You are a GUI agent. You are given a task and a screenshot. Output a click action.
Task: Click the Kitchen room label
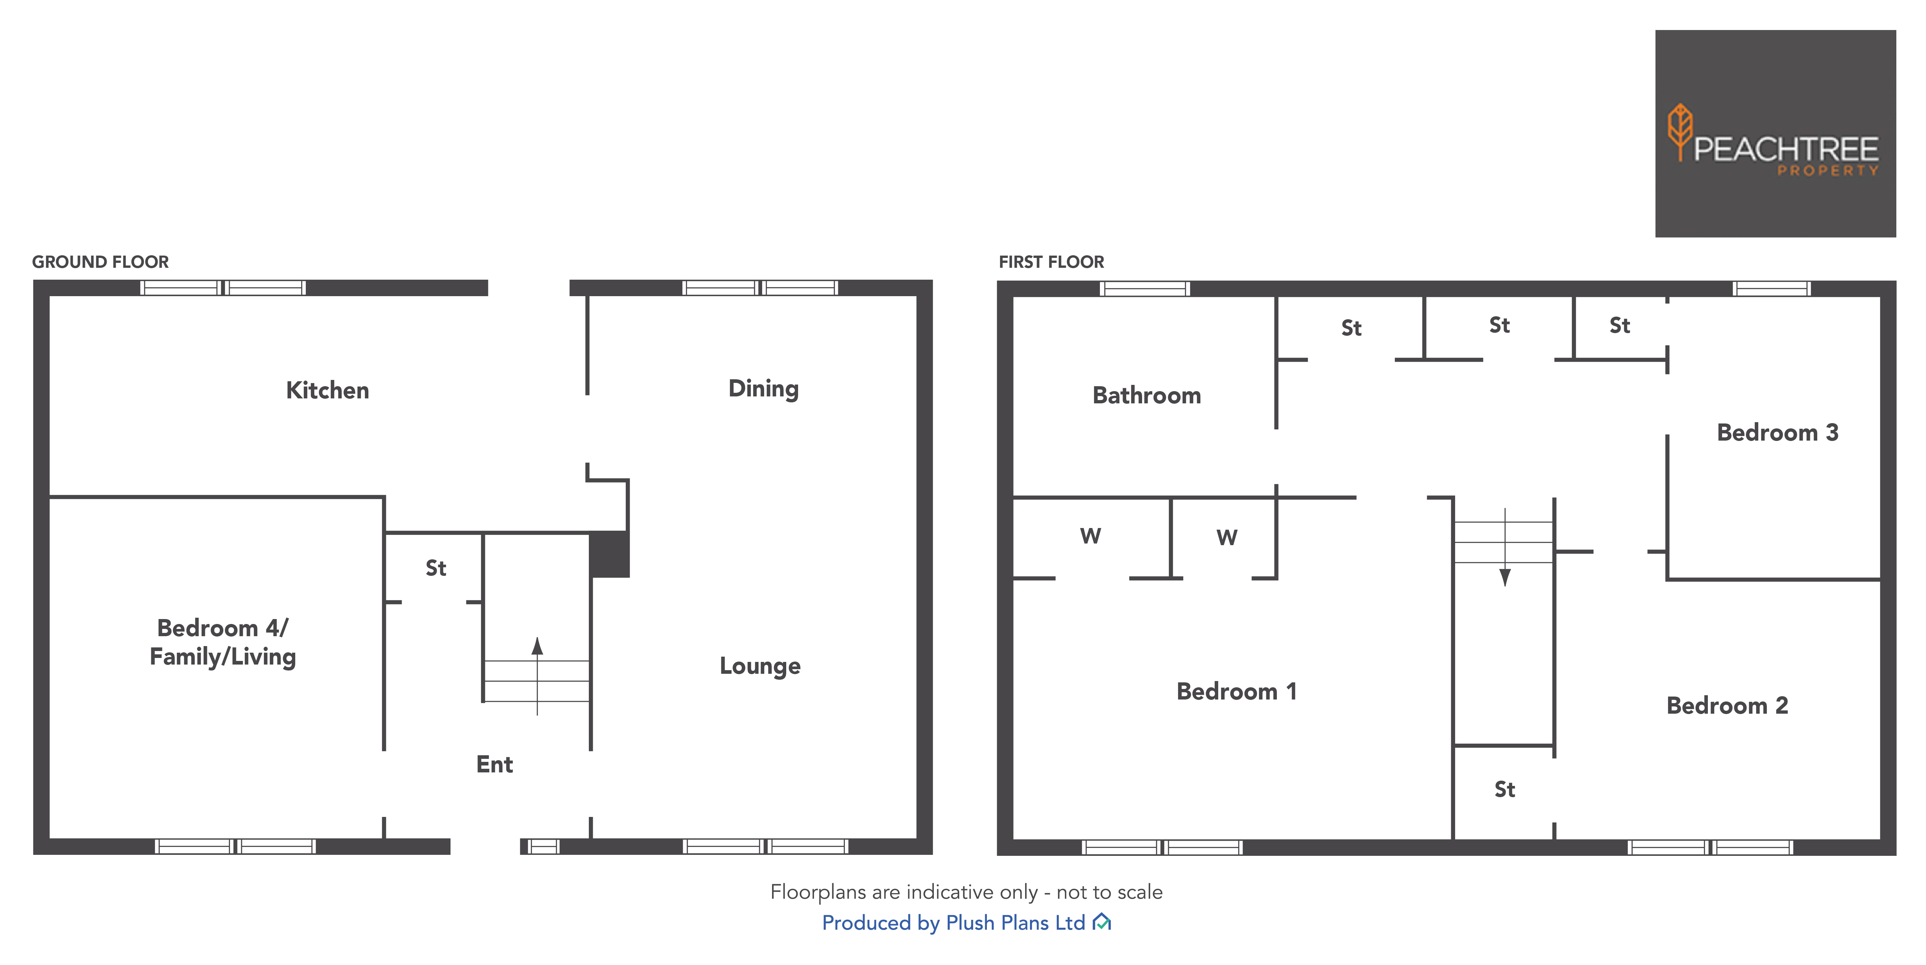point(328,390)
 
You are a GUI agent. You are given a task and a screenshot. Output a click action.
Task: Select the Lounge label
point(760,666)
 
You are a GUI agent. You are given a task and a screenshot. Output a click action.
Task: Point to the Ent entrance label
point(494,764)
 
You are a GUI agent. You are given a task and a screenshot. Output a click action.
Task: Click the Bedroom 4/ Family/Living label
point(223,642)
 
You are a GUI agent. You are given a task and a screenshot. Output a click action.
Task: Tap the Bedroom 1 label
point(1236,691)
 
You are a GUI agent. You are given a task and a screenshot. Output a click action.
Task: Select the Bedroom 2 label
point(1727,705)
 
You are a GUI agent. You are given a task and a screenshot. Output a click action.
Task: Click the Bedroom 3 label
point(1777,432)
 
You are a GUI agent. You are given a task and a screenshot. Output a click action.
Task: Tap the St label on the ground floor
point(436,569)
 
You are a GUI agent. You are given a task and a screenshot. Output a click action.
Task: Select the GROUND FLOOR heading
point(100,262)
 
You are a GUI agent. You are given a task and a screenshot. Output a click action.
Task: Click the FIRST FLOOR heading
point(1051,262)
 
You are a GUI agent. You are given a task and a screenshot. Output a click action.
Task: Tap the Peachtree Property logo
point(1775,135)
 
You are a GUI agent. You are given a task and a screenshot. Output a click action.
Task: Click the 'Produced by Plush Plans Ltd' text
point(953,923)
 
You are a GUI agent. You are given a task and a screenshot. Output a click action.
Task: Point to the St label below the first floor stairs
point(1504,789)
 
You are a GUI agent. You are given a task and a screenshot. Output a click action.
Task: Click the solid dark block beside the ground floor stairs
point(609,554)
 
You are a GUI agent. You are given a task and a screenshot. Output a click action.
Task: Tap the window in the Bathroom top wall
point(1145,289)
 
